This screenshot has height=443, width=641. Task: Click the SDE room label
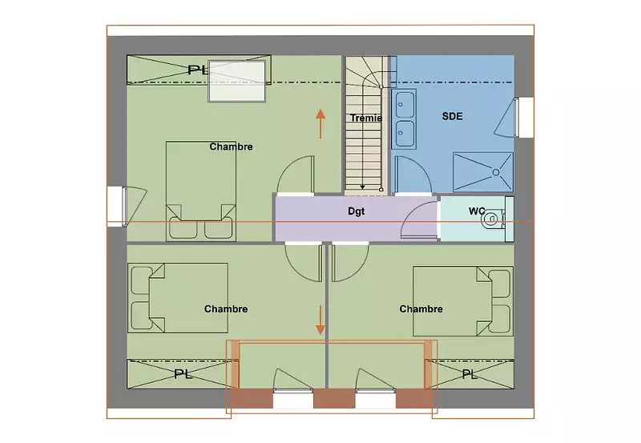(452, 116)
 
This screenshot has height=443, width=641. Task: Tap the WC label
(477, 211)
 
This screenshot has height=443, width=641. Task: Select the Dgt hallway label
(356, 211)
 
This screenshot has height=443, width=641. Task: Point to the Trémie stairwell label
(366, 118)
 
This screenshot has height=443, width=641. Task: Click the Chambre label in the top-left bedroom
(231, 147)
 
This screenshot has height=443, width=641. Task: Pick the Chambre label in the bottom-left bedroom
(226, 309)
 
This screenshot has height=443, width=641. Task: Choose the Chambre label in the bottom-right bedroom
(421, 309)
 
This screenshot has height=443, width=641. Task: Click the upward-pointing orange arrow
(320, 124)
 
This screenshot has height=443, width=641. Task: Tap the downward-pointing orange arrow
(320, 320)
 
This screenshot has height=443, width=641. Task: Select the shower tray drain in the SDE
(496, 172)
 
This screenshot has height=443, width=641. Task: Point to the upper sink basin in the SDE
(405, 105)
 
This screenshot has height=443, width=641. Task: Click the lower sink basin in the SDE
(405, 133)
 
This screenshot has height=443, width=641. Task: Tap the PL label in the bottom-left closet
(183, 374)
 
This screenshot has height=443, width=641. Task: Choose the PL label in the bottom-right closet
(470, 374)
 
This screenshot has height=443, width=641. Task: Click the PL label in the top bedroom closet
(197, 70)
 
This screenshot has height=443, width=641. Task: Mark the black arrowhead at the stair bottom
(363, 187)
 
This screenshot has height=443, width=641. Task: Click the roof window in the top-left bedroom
(237, 81)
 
